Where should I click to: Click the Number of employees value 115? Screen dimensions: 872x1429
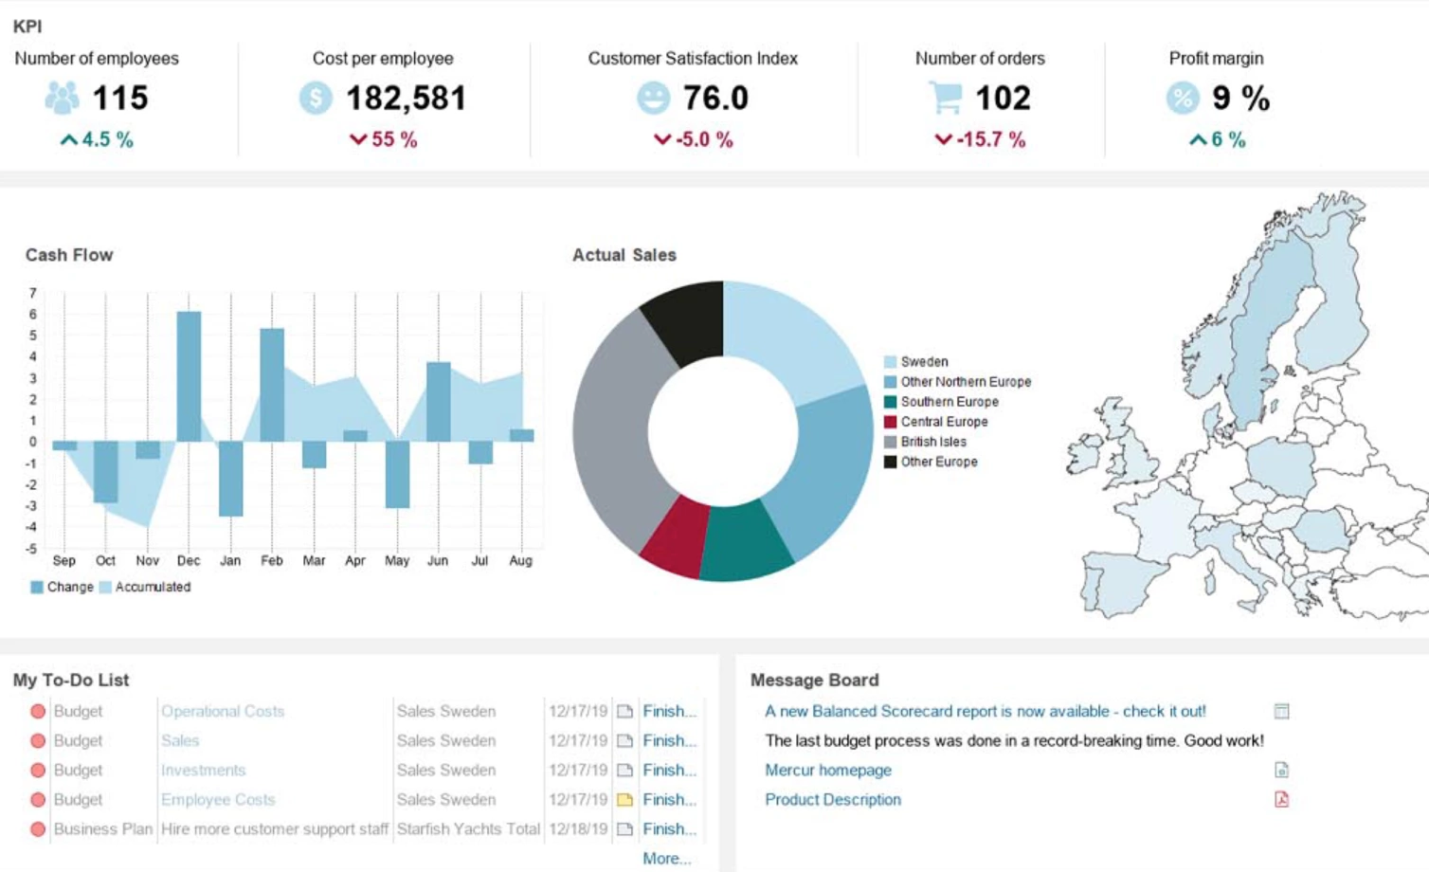(119, 98)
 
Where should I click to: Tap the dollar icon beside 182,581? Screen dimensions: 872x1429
(316, 98)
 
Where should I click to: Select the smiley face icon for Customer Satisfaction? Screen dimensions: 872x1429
(653, 98)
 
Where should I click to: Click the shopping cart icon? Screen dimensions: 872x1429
(945, 97)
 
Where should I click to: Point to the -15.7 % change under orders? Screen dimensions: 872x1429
(981, 139)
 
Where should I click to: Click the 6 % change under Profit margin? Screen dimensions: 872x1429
(1218, 139)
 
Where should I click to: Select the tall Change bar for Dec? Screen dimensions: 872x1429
(189, 376)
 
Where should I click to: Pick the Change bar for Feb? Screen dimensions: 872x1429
(272, 385)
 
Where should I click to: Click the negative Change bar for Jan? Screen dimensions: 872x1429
(230, 479)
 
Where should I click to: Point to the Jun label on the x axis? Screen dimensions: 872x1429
(438, 560)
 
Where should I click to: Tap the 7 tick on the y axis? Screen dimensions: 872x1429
(32, 293)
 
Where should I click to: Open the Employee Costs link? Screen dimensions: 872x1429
(218, 800)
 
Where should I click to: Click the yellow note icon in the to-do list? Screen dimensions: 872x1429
(624, 800)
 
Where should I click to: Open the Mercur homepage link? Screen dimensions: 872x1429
(827, 771)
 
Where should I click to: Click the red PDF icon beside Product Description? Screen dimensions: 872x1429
(1281, 799)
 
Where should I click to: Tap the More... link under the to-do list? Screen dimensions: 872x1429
(666, 858)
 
